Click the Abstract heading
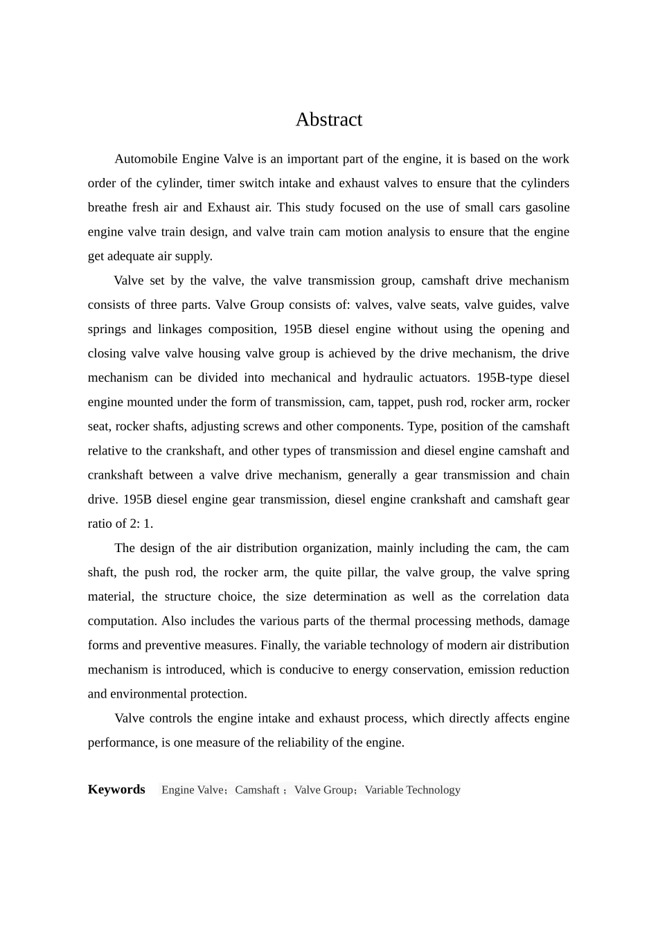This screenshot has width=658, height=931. [328, 120]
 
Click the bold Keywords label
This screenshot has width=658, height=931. [116, 790]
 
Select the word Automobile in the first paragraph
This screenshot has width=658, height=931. [145, 159]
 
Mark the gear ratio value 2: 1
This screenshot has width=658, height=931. [141, 524]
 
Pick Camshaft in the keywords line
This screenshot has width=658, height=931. [257, 790]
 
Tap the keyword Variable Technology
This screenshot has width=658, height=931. [412, 790]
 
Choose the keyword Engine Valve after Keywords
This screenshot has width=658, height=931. [193, 790]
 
